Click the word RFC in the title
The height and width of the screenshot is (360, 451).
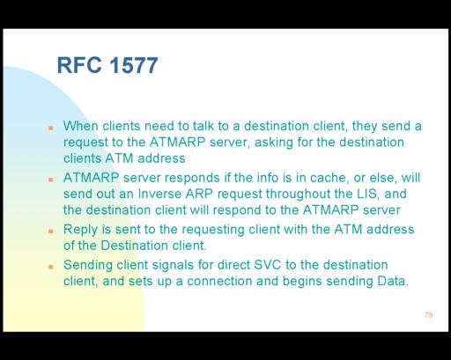79,65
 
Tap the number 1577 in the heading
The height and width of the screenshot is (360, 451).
134,65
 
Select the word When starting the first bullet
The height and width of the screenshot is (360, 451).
81,126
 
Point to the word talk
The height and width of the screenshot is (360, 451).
203,126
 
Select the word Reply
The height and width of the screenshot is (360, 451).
80,230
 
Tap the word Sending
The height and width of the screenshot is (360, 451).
88,265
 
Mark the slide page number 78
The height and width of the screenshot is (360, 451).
428,315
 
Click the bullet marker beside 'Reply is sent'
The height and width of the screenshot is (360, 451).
51,231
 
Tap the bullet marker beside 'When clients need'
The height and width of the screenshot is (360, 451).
51,128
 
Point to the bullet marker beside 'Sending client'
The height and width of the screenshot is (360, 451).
51,267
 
